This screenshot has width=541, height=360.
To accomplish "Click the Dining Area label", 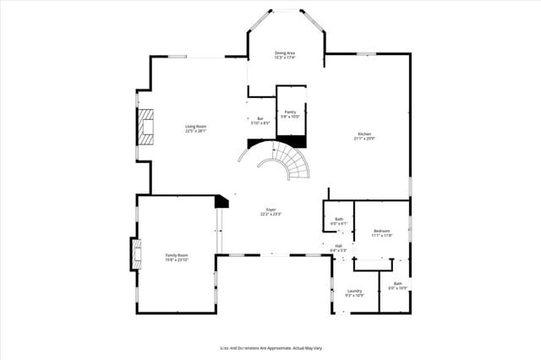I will point(284,52).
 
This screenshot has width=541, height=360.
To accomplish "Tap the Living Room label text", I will point(196,127).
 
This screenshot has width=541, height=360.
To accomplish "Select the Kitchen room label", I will point(363,134).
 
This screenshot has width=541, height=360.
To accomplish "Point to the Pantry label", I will point(290,112).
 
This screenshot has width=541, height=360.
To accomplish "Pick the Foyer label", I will point(270,210).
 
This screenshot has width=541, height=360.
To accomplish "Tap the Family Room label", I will point(176,255).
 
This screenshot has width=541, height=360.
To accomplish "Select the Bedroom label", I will point(381,231).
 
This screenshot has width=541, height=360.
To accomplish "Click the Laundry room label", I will point(354,290).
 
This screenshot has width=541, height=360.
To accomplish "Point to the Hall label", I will point(338,246).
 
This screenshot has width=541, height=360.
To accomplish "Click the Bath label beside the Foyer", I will point(338,219).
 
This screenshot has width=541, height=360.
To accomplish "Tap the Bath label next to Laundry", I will point(397,284).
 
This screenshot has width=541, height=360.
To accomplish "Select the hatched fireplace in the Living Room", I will point(147,127).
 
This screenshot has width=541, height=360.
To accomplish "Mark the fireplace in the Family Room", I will point(135,254).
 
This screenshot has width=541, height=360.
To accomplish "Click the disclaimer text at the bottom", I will point(270,347).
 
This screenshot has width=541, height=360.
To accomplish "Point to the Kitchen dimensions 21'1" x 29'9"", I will point(363,139).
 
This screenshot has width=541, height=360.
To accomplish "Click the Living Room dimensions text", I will point(196,131).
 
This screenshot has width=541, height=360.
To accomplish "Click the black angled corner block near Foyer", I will point(222,201).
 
